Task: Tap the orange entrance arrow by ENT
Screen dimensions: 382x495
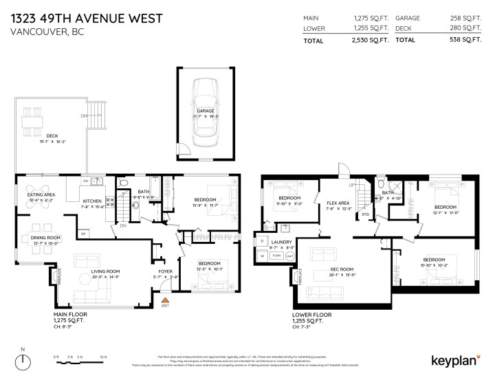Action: pyautogui.click(x=164, y=300)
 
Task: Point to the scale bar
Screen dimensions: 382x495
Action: pyautogui.click(x=80, y=358)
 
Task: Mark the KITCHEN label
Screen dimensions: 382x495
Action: pyautogui.click(x=93, y=201)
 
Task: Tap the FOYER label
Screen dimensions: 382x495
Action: pyautogui.click(x=166, y=271)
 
